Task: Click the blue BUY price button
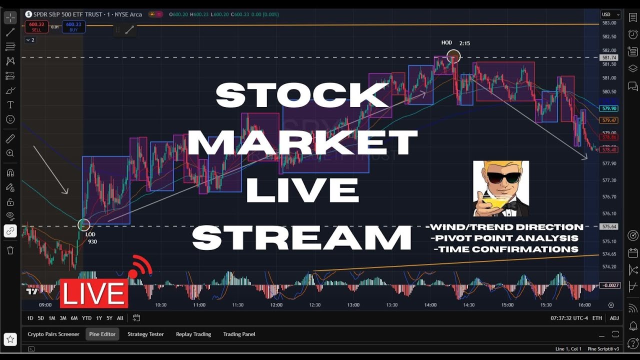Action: coord(73,26)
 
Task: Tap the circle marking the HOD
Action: coord(453,56)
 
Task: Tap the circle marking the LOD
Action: coord(83,225)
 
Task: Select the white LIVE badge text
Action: coord(94,294)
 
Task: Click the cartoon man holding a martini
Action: coord(500,188)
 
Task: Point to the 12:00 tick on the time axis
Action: coord(276,305)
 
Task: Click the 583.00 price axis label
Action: coord(609,23)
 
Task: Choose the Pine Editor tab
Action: coord(102,334)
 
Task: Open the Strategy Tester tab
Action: coord(145,334)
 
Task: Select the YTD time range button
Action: coord(87,318)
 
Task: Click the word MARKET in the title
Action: coord(302,142)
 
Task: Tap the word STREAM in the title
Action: coord(301,237)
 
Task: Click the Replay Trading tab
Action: coord(193,334)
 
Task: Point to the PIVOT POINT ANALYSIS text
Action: coord(504,238)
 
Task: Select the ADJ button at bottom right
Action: coord(614,318)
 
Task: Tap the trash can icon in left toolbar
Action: coord(10,250)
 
